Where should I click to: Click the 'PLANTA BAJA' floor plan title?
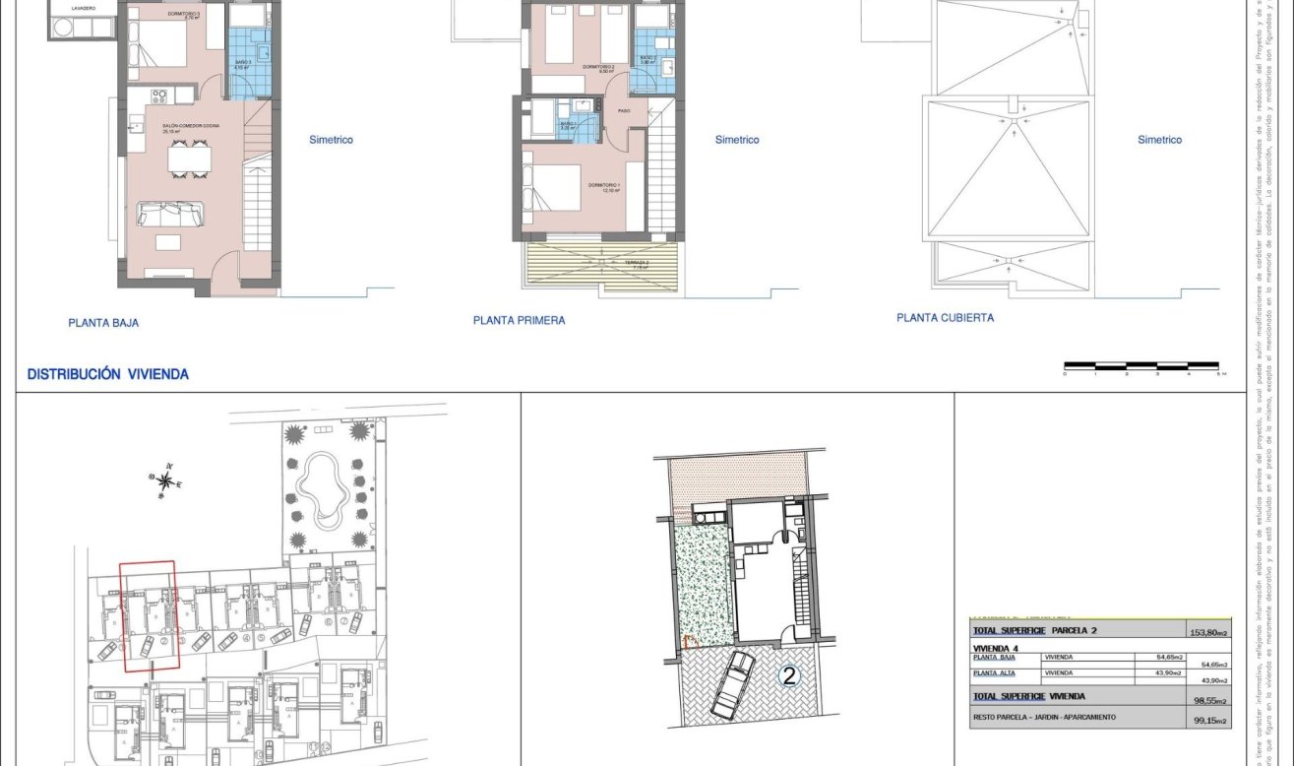(x=103, y=322)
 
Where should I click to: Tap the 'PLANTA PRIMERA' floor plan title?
(x=519, y=320)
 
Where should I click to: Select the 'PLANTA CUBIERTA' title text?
(x=945, y=318)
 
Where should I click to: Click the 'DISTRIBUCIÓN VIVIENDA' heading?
(x=108, y=374)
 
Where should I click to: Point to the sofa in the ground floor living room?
(x=170, y=213)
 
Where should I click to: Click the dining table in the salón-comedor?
(x=188, y=159)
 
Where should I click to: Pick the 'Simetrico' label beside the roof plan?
(x=1159, y=140)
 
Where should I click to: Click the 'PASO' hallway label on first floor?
(x=624, y=111)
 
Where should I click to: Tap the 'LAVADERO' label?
(x=82, y=8)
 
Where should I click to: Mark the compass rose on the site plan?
(x=166, y=480)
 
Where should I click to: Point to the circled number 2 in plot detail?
(x=788, y=675)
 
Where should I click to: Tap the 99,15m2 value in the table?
(x=1209, y=722)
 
